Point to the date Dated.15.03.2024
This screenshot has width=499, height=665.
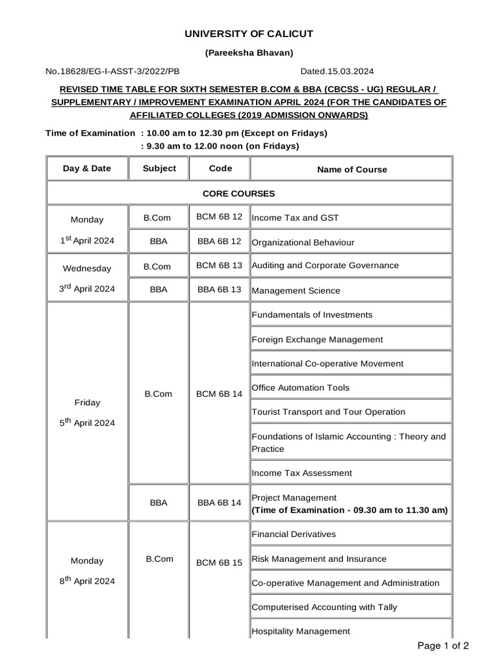tap(337, 71)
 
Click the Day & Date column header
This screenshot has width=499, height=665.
tap(87, 168)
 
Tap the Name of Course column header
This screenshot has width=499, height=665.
tap(352, 169)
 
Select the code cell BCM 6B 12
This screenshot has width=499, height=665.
tap(219, 217)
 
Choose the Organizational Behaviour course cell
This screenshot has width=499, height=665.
tap(303, 242)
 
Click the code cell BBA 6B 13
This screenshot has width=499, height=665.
tap(219, 290)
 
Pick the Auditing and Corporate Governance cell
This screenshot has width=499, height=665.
tap(325, 266)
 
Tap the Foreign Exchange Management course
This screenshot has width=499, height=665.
tap(317, 339)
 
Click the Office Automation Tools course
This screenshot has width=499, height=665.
tap(300, 388)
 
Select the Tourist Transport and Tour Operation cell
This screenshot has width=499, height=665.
tap(328, 412)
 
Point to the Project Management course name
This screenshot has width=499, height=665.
tap(294, 497)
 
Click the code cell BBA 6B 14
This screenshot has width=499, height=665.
tap(219, 503)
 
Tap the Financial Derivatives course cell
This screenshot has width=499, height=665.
tap(294, 534)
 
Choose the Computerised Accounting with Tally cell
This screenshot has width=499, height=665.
tap(324, 607)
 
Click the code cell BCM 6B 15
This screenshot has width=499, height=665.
tap(219, 562)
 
